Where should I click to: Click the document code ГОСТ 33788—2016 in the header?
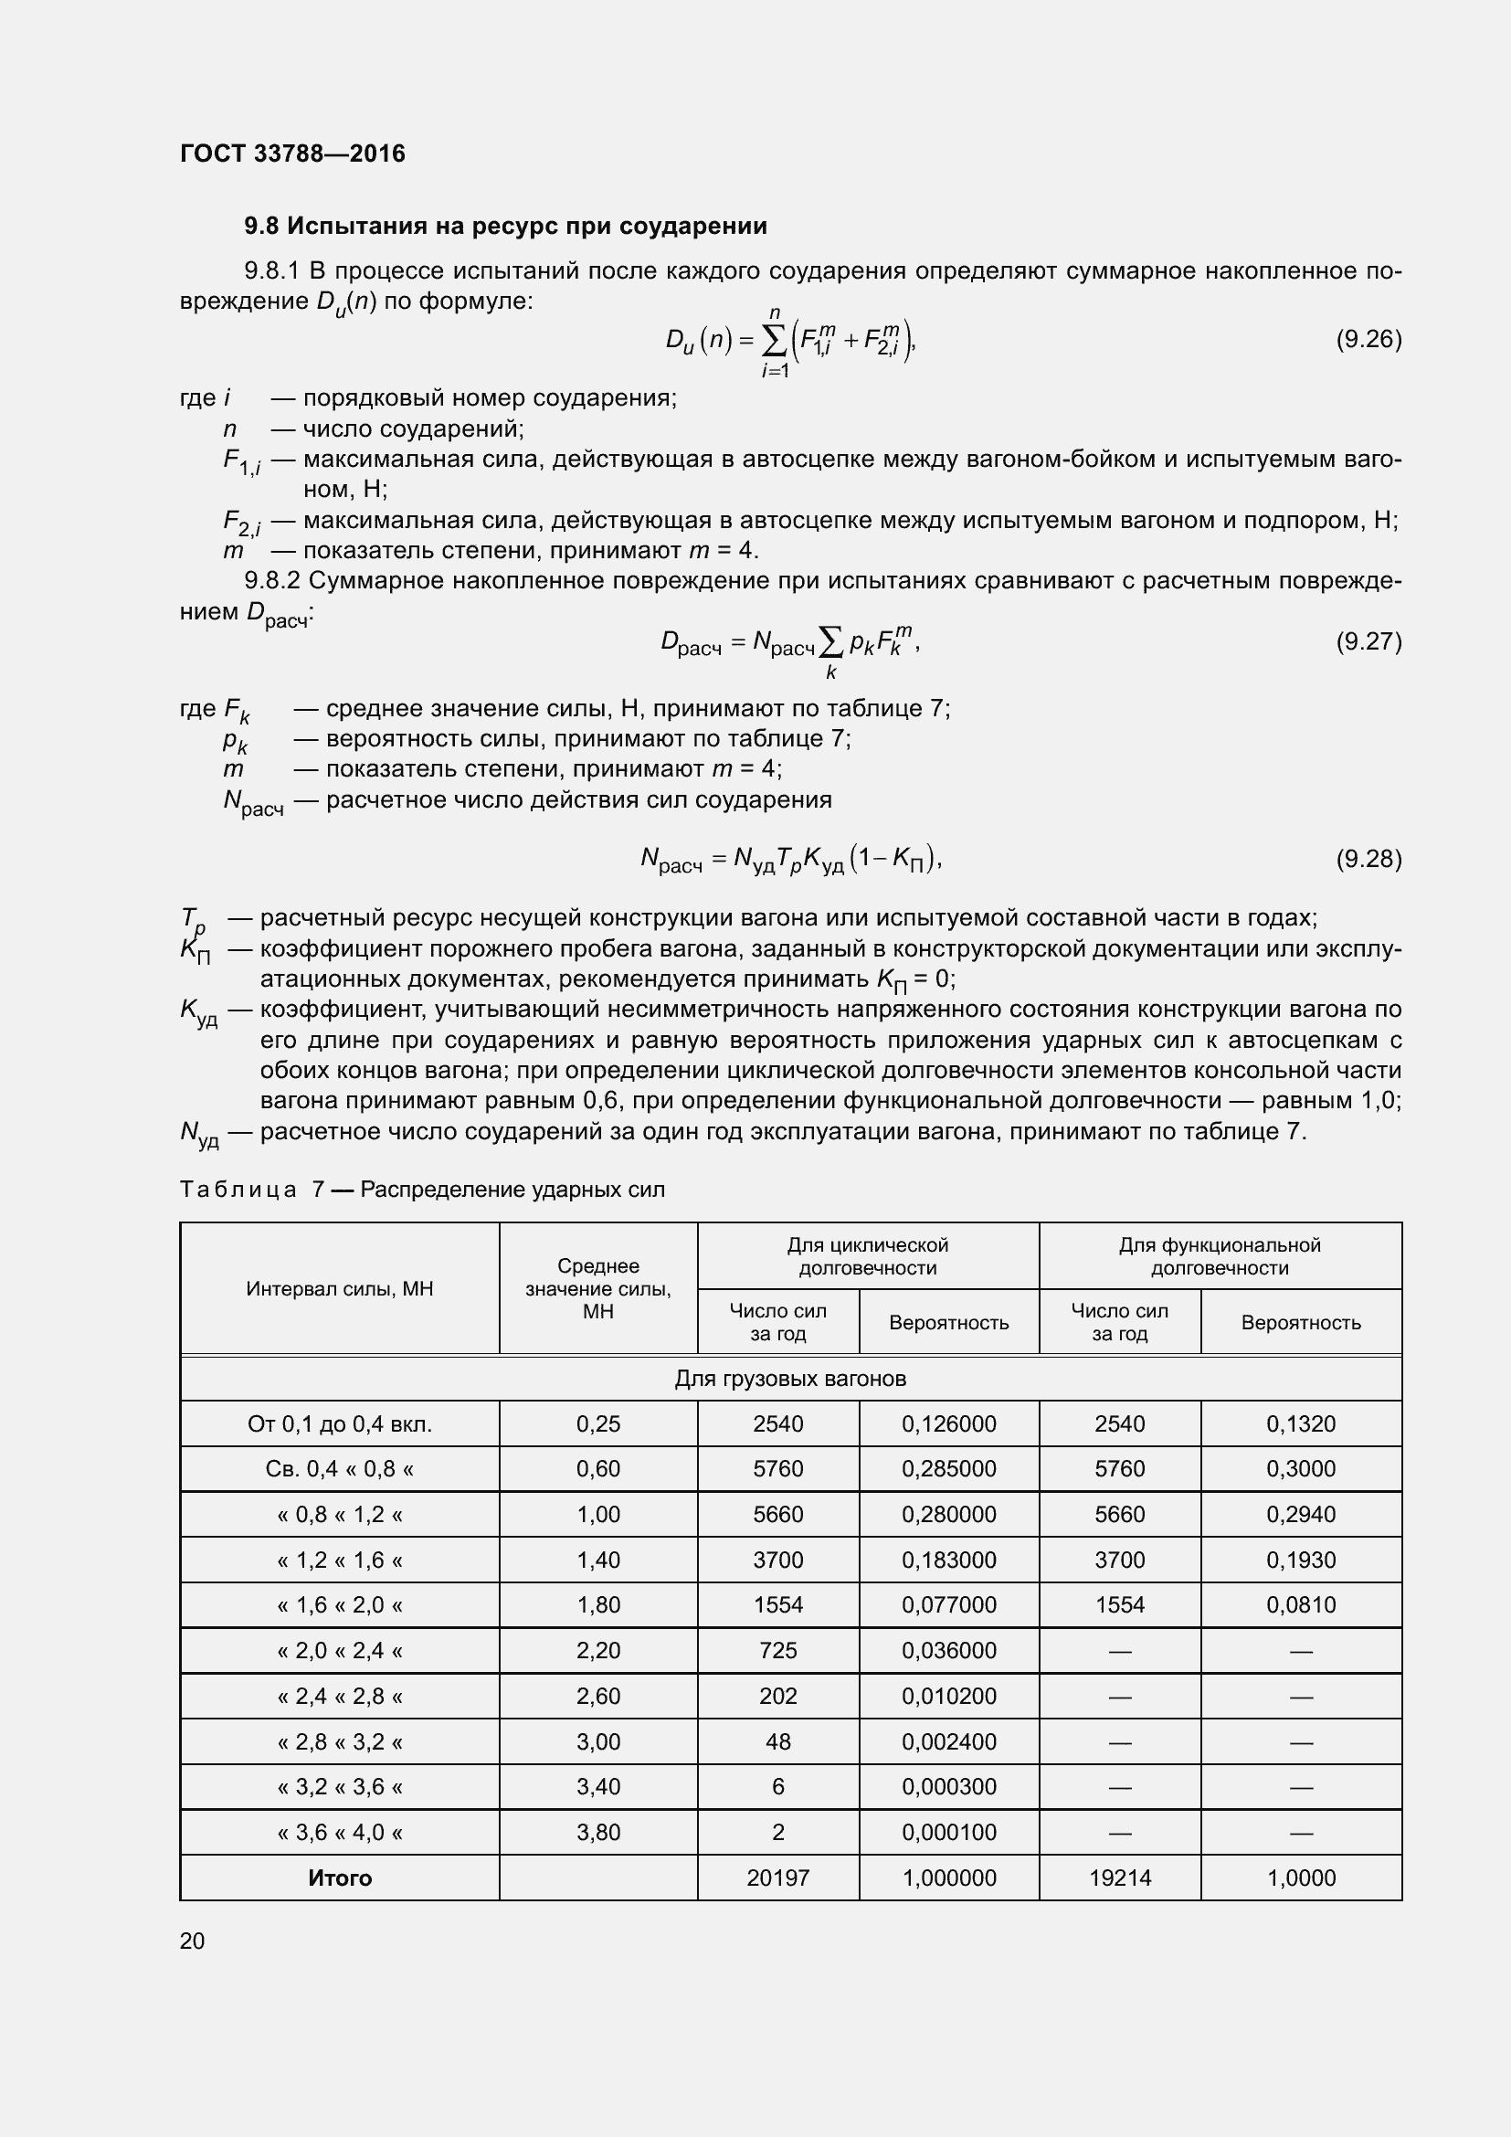point(292,153)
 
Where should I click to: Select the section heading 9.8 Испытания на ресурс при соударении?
point(505,227)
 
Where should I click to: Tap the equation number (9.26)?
point(1368,339)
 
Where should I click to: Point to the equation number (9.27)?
point(1368,641)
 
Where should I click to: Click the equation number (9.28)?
point(1368,858)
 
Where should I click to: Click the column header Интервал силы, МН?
point(340,1288)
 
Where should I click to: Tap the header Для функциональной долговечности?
point(1219,1256)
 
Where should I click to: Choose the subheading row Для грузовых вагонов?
point(790,1379)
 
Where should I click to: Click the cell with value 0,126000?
point(948,1424)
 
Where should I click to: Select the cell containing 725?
point(777,1650)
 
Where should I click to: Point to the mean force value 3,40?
point(597,1786)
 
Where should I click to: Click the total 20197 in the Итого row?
point(777,1878)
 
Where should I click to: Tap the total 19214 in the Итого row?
point(1119,1878)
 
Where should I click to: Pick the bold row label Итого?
point(340,1878)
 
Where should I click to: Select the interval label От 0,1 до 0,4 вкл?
point(340,1424)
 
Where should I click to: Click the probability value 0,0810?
point(1301,1604)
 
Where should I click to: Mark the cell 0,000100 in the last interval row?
point(948,1832)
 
